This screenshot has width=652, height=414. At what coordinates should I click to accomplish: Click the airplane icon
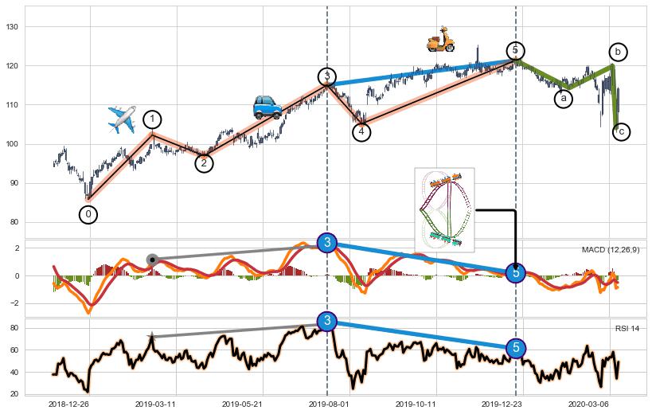coord(122,119)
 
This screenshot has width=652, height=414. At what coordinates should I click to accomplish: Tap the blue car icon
coord(267,107)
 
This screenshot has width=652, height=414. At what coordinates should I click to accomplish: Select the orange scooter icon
coord(440,38)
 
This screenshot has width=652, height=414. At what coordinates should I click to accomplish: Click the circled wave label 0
coord(88,214)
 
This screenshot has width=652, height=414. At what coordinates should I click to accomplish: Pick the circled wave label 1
coord(152,119)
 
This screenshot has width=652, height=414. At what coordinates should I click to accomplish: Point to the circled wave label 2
coord(204,162)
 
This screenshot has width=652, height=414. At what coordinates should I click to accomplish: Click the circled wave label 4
coord(361,131)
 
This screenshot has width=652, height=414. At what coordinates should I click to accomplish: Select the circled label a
coord(564,99)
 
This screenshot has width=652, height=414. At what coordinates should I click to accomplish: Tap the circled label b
coord(618,52)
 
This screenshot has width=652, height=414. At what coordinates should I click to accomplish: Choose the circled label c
coord(621,131)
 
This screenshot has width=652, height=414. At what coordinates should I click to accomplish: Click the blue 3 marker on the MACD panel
coord(327,243)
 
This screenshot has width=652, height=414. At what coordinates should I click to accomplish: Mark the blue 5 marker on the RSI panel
coord(516,348)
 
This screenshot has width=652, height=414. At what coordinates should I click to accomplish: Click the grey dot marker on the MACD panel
coord(152,260)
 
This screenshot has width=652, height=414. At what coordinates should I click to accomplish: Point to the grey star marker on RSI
coord(151,338)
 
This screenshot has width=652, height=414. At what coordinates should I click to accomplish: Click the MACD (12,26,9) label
coord(611,250)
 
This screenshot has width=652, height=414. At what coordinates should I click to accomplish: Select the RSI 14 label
coord(627,329)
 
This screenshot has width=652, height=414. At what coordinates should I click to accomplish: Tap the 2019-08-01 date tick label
coord(327,404)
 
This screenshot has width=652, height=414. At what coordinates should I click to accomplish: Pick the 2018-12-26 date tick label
coord(69,404)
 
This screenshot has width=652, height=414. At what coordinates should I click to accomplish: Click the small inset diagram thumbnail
coord(445,209)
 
